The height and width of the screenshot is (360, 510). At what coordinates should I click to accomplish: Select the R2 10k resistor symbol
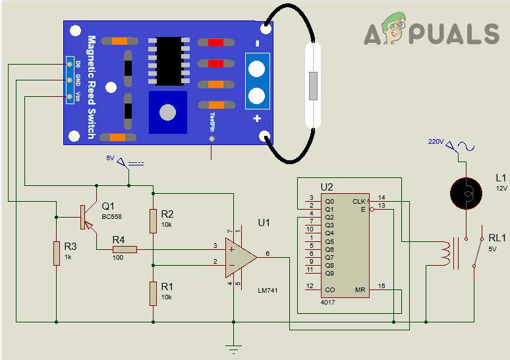(x=153, y=222)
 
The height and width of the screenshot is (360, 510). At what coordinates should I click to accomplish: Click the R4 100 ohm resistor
(x=125, y=249)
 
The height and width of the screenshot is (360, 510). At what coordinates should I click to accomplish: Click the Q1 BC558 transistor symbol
(x=84, y=216)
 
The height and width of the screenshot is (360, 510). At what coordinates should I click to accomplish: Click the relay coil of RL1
(x=450, y=254)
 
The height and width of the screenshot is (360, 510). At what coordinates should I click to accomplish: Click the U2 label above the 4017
(x=327, y=187)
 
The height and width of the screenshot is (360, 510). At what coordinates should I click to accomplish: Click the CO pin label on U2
(x=329, y=289)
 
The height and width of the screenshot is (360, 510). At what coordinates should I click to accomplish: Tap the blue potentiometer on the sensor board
(x=168, y=112)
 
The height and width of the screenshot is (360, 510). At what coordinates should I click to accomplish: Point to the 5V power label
(x=110, y=158)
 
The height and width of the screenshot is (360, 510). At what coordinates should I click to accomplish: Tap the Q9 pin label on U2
(x=329, y=272)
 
